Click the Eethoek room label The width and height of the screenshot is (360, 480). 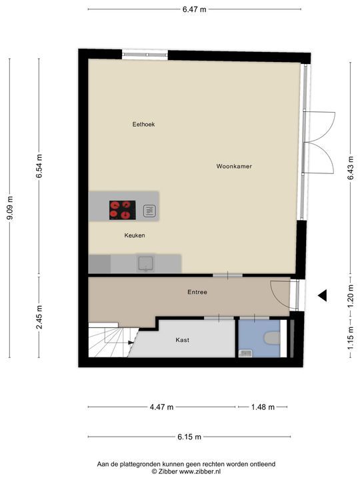tap(143, 124)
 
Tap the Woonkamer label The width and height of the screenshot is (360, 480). tap(234, 166)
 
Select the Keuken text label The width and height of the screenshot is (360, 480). tap(135, 235)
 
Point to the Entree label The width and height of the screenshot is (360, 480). tap(197, 292)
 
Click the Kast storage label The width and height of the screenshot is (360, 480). tap(183, 340)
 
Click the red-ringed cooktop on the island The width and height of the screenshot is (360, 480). tap(123, 210)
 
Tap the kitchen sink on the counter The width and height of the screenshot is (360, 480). tap(146, 263)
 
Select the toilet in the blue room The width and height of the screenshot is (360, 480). tap(272, 338)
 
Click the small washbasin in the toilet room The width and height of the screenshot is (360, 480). tap(245, 353)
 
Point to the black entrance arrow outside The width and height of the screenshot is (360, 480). tap(323, 295)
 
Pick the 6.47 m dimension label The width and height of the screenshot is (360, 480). tap(195, 9)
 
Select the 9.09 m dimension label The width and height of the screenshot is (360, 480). tap(9, 208)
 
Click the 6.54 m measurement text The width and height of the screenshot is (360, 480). tap(39, 166)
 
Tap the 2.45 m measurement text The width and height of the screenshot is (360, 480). tap(39, 317)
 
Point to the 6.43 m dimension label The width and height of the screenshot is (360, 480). tap(351, 168)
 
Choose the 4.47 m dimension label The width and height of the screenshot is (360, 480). tap(161, 407)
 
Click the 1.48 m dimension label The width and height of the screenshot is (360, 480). tap(263, 407)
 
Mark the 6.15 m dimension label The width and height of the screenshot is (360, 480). tap(189, 437)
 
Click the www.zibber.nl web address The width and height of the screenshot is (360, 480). tap(199, 472)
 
